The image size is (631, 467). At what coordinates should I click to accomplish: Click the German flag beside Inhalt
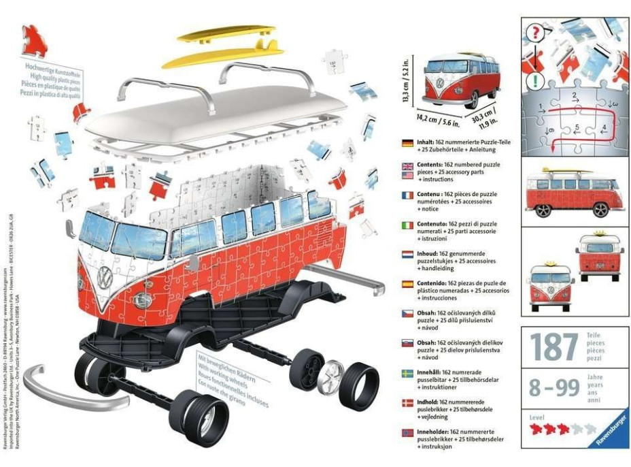(408, 144)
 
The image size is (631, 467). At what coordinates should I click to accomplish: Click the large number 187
(556, 347)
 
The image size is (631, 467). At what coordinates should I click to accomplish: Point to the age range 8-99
(555, 388)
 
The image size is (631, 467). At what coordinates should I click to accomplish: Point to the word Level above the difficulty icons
(536, 415)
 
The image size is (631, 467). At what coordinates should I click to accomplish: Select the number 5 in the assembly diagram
(577, 127)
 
